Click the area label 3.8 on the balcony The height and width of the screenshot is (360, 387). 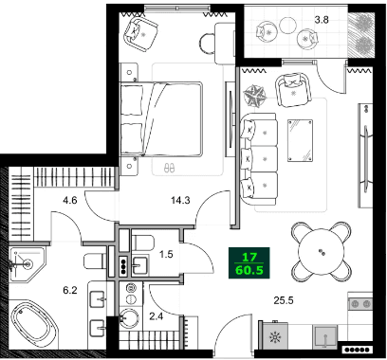(349, 19)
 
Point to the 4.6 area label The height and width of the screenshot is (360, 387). (69, 200)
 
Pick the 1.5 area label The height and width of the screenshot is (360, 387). (166, 255)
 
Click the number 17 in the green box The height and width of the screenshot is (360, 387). (249, 257)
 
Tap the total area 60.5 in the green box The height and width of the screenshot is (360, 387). (249, 270)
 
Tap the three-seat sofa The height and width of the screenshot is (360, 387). (258, 155)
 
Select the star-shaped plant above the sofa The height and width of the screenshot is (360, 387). (255, 95)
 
